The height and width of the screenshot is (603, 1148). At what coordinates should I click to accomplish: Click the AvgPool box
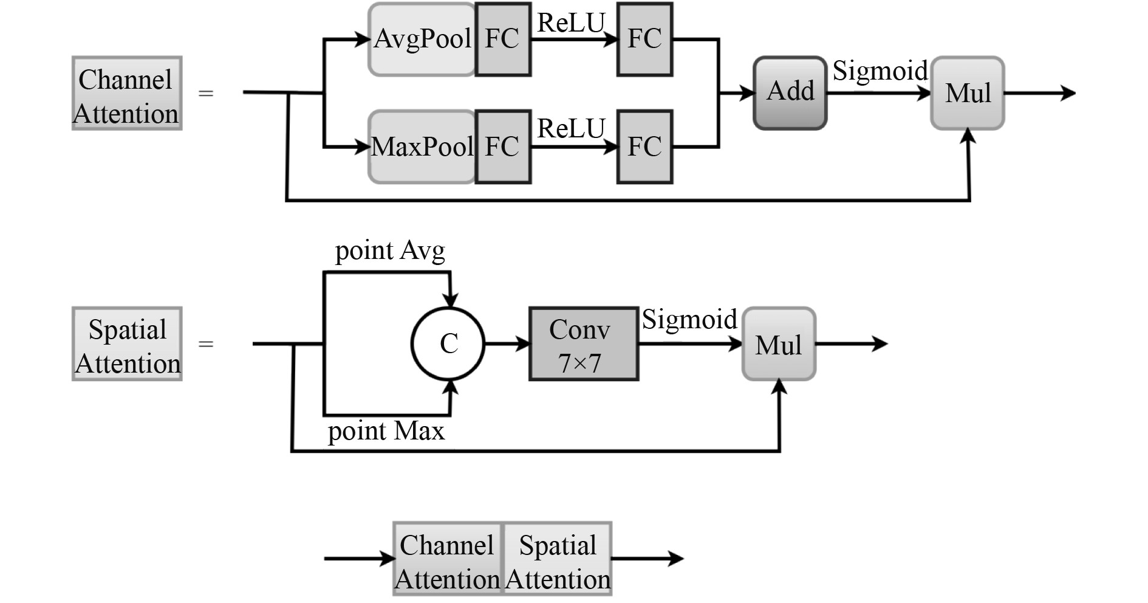422,40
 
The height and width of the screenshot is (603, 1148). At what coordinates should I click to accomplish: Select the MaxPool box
422,146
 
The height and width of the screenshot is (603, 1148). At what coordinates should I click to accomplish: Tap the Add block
790,93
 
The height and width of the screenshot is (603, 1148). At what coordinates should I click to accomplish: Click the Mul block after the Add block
968,93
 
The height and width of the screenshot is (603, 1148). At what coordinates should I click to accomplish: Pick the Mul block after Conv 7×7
779,344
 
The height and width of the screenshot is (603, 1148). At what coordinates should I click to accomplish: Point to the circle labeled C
448,344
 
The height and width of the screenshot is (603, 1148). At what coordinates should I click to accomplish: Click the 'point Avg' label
390,250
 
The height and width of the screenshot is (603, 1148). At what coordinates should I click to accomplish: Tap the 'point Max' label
386,431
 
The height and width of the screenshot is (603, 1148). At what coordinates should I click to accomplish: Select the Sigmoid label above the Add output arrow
880,71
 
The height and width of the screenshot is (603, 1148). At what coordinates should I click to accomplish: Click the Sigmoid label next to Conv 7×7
689,320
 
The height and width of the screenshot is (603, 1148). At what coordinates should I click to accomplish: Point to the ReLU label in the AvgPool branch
571,23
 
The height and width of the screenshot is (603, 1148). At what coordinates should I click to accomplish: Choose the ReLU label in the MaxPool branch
571,129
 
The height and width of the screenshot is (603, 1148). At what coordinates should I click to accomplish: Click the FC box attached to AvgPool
502,40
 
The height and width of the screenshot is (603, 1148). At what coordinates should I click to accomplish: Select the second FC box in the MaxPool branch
644,146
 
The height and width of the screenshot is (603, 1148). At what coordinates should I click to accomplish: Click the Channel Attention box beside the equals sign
127,94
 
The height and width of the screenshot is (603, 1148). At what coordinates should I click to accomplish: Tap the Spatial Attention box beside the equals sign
127,344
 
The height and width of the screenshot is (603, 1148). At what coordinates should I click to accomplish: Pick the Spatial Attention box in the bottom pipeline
557,559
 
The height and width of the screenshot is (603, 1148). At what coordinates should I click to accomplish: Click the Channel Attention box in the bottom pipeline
448,559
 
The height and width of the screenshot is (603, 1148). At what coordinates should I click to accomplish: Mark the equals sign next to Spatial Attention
206,344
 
